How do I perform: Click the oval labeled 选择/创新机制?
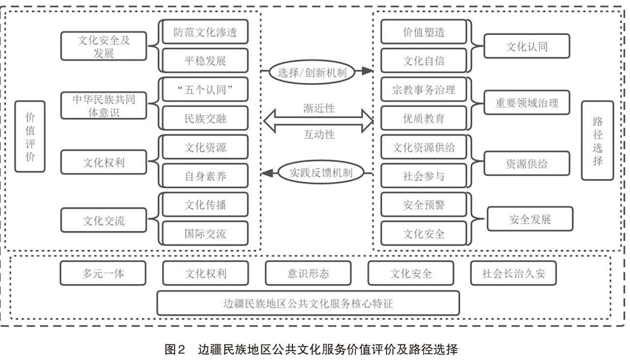[x=312, y=72]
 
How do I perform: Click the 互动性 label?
[x=319, y=134]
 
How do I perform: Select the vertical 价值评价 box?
[x=30, y=136]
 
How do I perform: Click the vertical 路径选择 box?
[x=598, y=140]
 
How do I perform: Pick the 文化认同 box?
[x=527, y=46]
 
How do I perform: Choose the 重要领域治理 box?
[x=527, y=103]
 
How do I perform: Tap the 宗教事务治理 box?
[x=424, y=90]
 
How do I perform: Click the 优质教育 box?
[x=424, y=119]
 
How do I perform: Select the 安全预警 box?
[x=424, y=205]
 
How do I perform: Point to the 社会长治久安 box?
[x=513, y=273]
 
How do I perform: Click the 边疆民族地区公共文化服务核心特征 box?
[x=308, y=303]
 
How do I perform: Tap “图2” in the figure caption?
[x=174, y=350]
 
